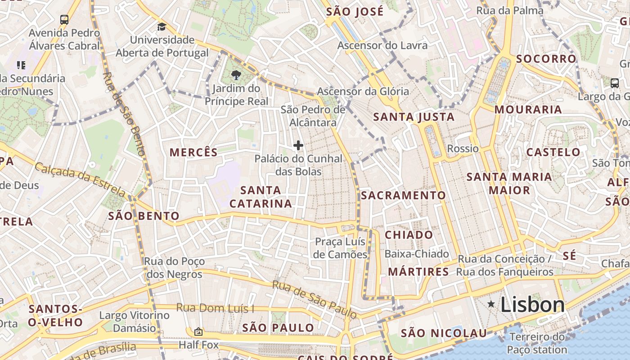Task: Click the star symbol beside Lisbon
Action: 491,305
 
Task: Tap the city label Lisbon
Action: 532,305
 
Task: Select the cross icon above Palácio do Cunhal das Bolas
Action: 298,145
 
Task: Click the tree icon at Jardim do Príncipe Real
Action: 235,75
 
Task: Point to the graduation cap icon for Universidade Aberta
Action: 162,27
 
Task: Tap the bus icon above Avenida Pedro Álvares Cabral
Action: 64,20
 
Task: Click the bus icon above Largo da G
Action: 615,83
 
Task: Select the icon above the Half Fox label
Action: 198,332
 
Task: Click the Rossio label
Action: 463,148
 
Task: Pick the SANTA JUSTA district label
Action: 414,117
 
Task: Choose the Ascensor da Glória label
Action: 363,91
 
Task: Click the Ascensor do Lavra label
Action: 382,45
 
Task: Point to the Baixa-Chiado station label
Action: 417,254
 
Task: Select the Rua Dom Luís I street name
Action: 215,308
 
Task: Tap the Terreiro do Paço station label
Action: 536,343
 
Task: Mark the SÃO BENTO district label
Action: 144,216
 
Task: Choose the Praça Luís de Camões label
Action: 341,248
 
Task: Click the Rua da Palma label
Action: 510,10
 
